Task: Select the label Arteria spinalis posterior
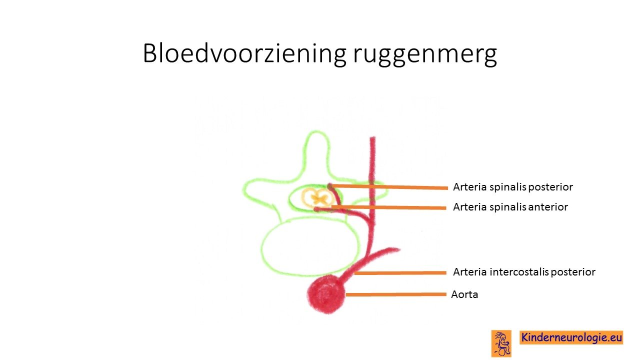[x=513, y=187]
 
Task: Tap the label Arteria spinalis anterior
[x=510, y=207]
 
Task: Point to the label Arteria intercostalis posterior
[x=524, y=271]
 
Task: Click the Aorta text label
[x=464, y=294]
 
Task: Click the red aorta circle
[x=325, y=294]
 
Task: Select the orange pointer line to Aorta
[x=395, y=294]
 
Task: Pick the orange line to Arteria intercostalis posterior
[x=400, y=273]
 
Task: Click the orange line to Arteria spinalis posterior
[x=388, y=187]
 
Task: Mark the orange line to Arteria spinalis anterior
[x=388, y=207]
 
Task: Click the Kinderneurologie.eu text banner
[x=571, y=337]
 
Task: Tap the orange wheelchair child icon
[x=501, y=343]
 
